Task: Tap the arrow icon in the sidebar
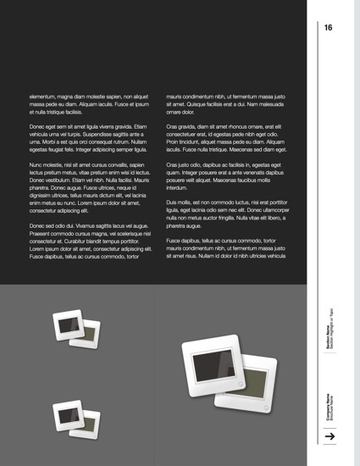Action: [x=331, y=436]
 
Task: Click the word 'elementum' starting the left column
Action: [x=46, y=97]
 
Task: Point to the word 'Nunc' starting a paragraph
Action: [x=37, y=164]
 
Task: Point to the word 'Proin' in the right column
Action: [x=175, y=141]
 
